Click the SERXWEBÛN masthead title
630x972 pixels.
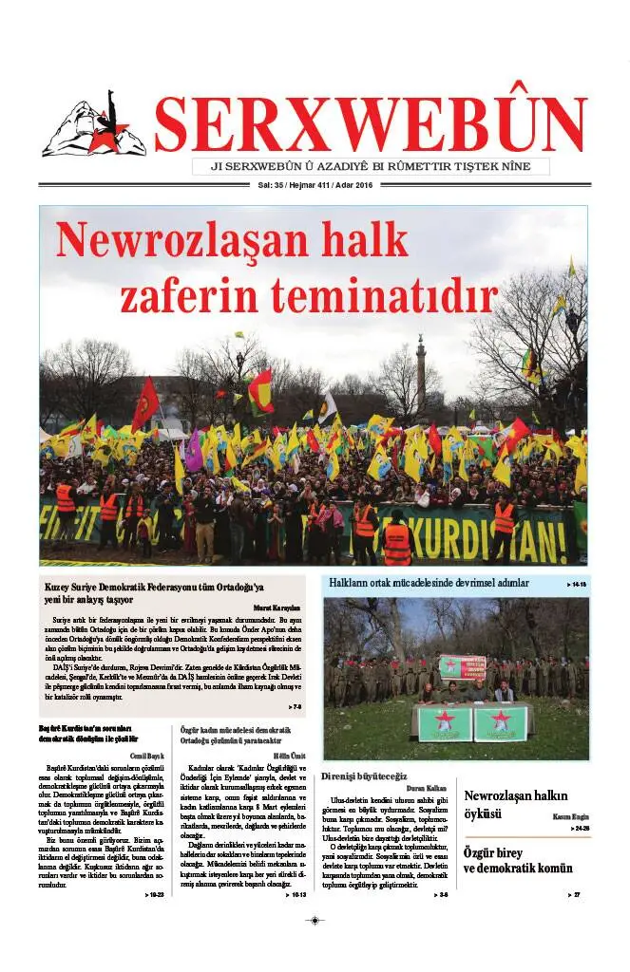point(370,124)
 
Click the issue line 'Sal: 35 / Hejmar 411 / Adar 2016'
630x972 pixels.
point(315,184)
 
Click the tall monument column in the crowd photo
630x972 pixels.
point(421,374)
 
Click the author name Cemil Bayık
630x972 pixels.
point(150,756)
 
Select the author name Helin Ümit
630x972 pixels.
point(289,756)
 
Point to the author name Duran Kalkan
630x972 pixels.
point(427,787)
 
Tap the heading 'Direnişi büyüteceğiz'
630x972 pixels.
point(365,776)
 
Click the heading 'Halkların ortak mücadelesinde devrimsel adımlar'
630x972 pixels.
point(430,583)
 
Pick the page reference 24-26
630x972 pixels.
point(580,829)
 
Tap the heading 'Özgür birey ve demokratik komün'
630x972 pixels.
point(518,860)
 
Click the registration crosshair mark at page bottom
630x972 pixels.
point(315,920)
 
